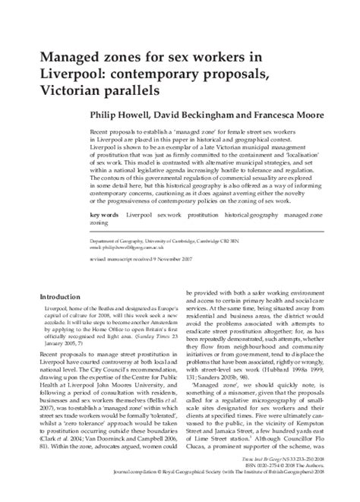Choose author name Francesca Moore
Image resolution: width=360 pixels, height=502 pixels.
(292, 115)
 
